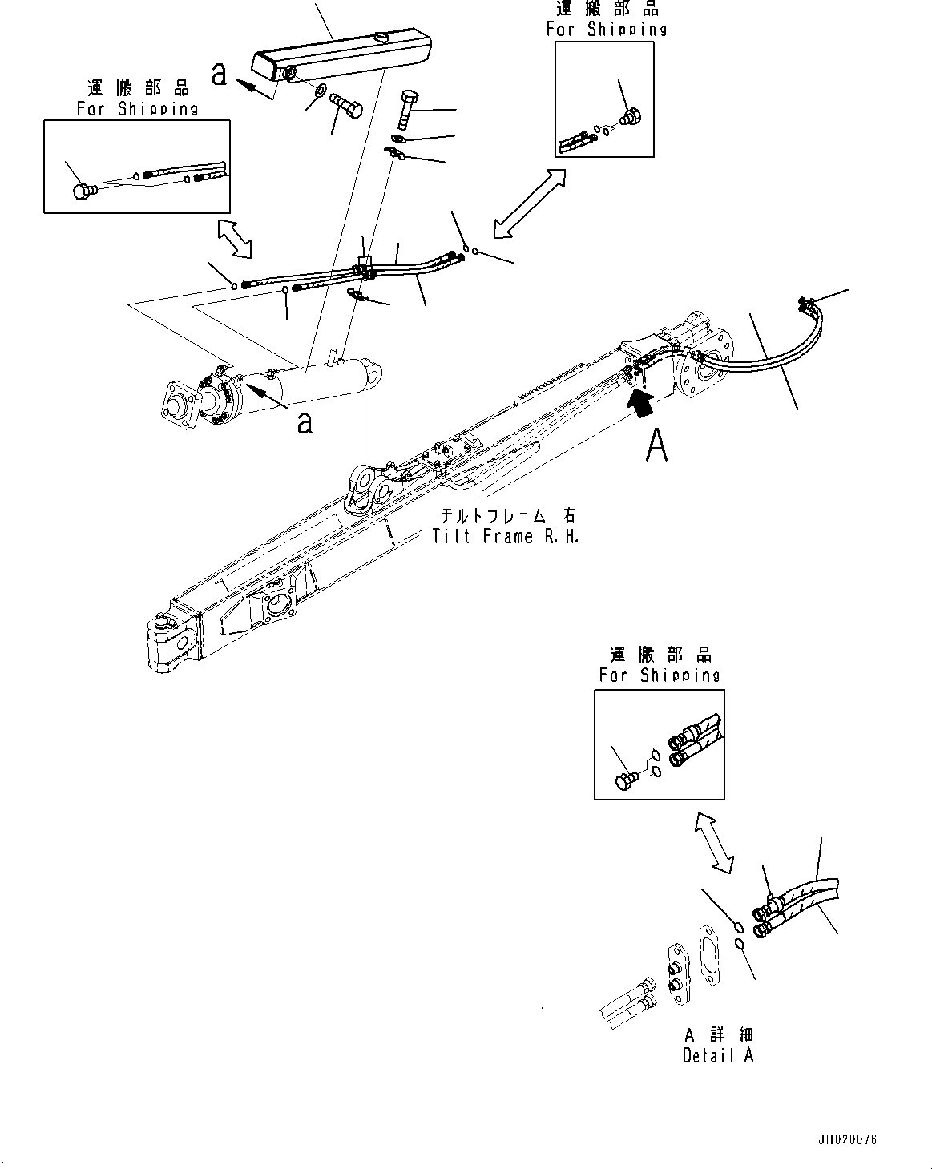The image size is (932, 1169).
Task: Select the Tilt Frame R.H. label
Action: [x=505, y=527]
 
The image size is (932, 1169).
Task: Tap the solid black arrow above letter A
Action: [x=639, y=402]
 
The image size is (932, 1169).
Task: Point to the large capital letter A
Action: [x=657, y=446]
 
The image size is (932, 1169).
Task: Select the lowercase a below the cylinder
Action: [x=305, y=421]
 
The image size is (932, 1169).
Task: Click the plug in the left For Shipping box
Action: [x=83, y=191]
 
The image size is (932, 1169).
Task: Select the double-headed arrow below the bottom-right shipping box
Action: [x=712, y=843]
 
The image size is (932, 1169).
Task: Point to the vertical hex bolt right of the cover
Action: [x=405, y=111]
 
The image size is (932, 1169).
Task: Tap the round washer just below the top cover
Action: [x=318, y=91]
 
